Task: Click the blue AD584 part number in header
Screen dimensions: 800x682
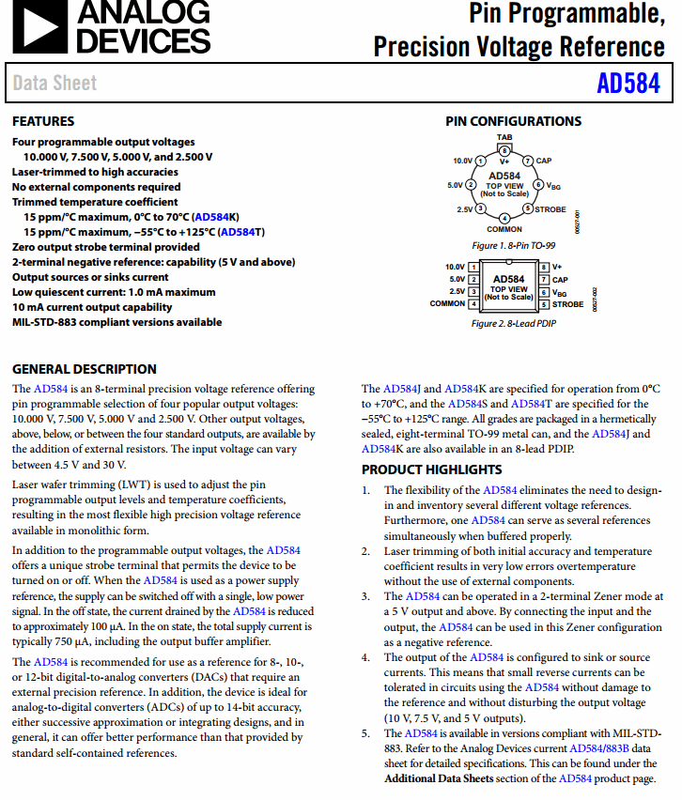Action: click(628, 84)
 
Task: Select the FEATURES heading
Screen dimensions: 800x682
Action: click(43, 121)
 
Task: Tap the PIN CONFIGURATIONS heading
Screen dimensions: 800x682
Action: click(513, 121)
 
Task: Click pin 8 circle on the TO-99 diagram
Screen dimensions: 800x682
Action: click(504, 150)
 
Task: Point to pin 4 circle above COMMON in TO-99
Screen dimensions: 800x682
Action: click(504, 218)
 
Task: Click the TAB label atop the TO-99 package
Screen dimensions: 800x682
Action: click(504, 138)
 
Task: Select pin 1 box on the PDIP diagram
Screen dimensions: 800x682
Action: click(473, 267)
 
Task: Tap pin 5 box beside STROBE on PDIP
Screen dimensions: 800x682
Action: click(544, 303)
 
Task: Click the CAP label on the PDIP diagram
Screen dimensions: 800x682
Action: click(560, 279)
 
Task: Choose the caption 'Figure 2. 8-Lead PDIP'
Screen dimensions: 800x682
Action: click(513, 323)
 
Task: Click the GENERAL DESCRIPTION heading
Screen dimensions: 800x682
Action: click(85, 369)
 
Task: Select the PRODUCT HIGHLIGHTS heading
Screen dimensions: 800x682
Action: click(432, 469)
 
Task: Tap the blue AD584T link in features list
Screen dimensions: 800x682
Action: click(240, 232)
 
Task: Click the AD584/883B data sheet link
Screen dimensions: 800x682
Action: click(613, 748)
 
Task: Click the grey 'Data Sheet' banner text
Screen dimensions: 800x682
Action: click(54, 83)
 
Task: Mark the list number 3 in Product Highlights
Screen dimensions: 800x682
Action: click(366, 596)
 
